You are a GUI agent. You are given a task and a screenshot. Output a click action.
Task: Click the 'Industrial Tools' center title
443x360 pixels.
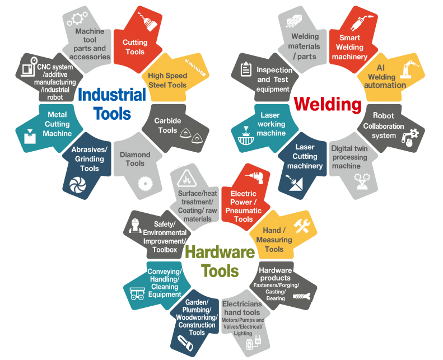click(x=112, y=104)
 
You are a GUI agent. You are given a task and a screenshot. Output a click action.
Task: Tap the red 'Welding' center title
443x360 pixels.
click(x=328, y=104)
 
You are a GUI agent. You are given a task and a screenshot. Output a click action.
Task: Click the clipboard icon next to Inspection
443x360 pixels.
click(x=245, y=70)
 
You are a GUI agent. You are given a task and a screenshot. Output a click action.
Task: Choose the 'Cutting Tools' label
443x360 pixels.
click(x=135, y=47)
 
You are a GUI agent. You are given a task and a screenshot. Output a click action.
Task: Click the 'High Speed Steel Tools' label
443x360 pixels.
click(x=167, y=81)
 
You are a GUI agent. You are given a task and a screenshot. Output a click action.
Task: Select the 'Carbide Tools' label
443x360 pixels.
click(x=167, y=125)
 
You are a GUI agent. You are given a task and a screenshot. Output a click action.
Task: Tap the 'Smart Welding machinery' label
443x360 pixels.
click(x=349, y=48)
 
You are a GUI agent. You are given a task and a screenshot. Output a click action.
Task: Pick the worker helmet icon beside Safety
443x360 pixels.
click(x=134, y=224)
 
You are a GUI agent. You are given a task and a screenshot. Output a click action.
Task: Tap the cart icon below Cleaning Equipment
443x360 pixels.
click(x=138, y=297)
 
